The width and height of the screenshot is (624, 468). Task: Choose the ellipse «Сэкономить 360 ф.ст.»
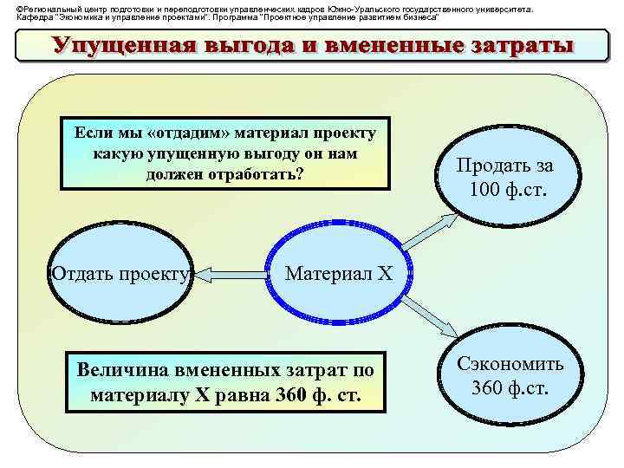click(x=510, y=374)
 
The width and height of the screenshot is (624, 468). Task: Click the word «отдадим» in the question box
click(x=188, y=133)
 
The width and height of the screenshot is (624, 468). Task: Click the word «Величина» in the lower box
click(x=120, y=371)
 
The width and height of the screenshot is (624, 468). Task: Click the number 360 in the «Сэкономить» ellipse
click(x=490, y=386)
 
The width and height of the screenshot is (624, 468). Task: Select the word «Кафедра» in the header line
click(x=34, y=16)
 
